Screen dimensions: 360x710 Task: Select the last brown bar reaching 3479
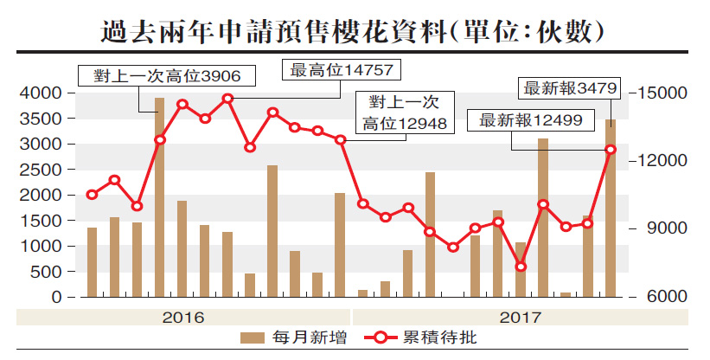tap(610, 209)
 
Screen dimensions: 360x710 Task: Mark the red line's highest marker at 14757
tap(227, 99)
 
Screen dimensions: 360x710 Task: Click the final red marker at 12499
tap(610, 150)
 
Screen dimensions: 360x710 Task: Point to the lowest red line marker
tap(520, 267)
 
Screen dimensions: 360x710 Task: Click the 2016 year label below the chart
tap(183, 317)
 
